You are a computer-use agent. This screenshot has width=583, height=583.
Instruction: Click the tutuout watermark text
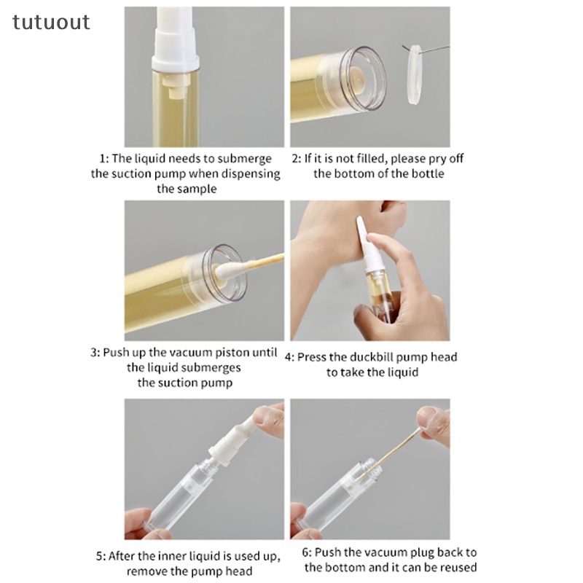[x=51, y=23]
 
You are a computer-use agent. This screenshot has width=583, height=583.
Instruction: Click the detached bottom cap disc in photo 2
[x=414, y=74]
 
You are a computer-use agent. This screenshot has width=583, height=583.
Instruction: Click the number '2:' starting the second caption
[x=297, y=159]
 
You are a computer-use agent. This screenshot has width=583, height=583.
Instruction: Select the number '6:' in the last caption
[x=306, y=552]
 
